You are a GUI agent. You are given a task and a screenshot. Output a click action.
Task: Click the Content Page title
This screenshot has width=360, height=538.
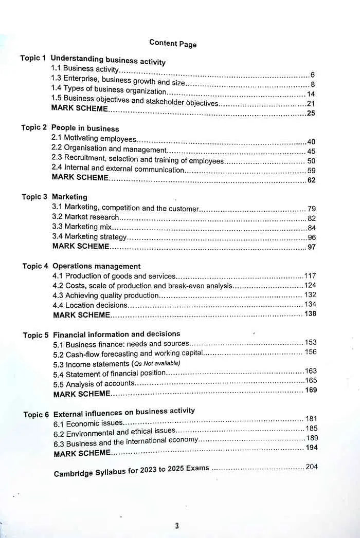tap(173, 43)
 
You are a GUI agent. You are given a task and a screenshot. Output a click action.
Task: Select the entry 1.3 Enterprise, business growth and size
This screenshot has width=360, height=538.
tap(118, 81)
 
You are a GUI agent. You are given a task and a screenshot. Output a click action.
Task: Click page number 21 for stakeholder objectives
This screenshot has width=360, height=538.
tap(311, 104)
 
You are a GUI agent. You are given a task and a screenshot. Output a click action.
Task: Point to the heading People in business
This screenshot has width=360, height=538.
tap(85, 128)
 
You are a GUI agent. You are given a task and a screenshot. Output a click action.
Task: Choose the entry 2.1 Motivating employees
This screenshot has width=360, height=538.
tap(94, 139)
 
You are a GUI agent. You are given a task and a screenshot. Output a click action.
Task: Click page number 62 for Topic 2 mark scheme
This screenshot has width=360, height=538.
tap(311, 180)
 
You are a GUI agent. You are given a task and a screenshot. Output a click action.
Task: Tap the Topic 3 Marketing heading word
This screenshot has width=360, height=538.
tap(69, 197)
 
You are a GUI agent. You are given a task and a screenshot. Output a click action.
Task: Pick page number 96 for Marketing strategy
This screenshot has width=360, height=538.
tap(312, 237)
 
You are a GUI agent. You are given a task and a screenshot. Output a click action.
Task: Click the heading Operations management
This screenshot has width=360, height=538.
tap(96, 266)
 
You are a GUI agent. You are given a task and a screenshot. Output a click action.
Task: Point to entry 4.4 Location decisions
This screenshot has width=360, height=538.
tap(89, 305)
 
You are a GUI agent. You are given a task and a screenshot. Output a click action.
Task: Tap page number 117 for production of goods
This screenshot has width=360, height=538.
tap(310, 276)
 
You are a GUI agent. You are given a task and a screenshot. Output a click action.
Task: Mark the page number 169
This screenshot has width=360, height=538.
tap(311, 391)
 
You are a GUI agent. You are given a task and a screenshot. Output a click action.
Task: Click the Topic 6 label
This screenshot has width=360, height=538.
tap(36, 415)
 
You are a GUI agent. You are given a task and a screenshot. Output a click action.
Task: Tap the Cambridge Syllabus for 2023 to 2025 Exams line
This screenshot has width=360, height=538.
tap(132, 471)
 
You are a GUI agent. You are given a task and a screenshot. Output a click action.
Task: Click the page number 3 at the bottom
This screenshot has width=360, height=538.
tap(176, 526)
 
